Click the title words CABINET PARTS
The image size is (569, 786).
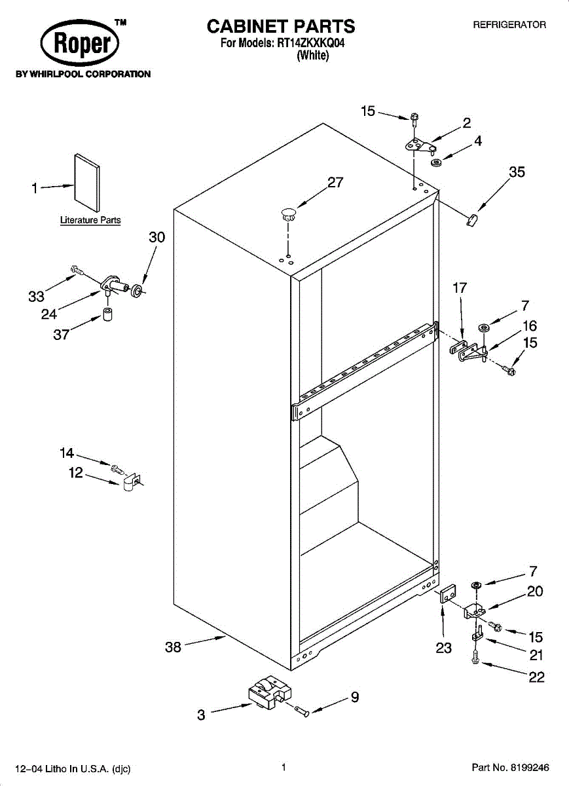coord(281,26)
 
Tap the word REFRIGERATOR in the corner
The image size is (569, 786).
coord(509,25)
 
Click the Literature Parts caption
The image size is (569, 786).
coord(90,220)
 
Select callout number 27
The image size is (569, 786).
coord(335,183)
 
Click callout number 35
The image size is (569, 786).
coord(517,172)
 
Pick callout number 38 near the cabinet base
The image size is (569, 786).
coord(173,647)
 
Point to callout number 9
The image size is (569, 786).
coord(354,698)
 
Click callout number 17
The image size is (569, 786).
coord(460,287)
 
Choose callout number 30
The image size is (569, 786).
coord(156,237)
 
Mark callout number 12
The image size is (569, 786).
coord(76,473)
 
